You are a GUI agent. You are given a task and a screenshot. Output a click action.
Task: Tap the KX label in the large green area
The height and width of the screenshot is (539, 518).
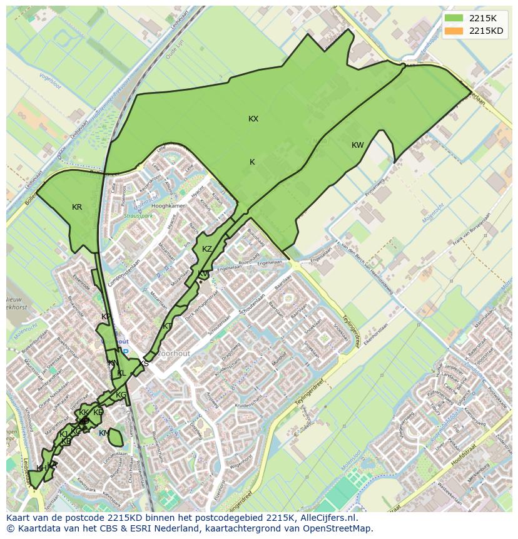pyautogui.click(x=253, y=119)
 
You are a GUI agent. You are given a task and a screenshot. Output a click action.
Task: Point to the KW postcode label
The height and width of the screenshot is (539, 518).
pyautogui.click(x=357, y=145)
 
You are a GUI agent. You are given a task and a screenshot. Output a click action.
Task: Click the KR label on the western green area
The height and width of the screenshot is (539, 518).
pyautogui.click(x=77, y=207)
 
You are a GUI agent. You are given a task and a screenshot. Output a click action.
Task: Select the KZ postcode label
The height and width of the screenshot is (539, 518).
pyautogui.click(x=207, y=249)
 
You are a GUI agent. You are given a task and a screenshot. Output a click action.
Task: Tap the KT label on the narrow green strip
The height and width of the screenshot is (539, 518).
pyautogui.click(x=167, y=326)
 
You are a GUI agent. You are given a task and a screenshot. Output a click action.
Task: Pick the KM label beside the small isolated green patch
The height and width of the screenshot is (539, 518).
pyautogui.click(x=104, y=433)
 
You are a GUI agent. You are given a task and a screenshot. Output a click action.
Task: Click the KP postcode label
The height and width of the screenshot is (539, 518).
pyautogui.click(x=106, y=317)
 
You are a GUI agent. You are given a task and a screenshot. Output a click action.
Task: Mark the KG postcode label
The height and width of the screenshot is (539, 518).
pyautogui.click(x=121, y=395)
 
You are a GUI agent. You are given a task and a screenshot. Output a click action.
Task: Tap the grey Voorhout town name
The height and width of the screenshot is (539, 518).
pyautogui.click(x=173, y=354)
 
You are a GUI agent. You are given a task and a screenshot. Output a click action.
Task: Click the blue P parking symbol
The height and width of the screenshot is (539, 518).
pyautogui.click(x=125, y=352)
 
